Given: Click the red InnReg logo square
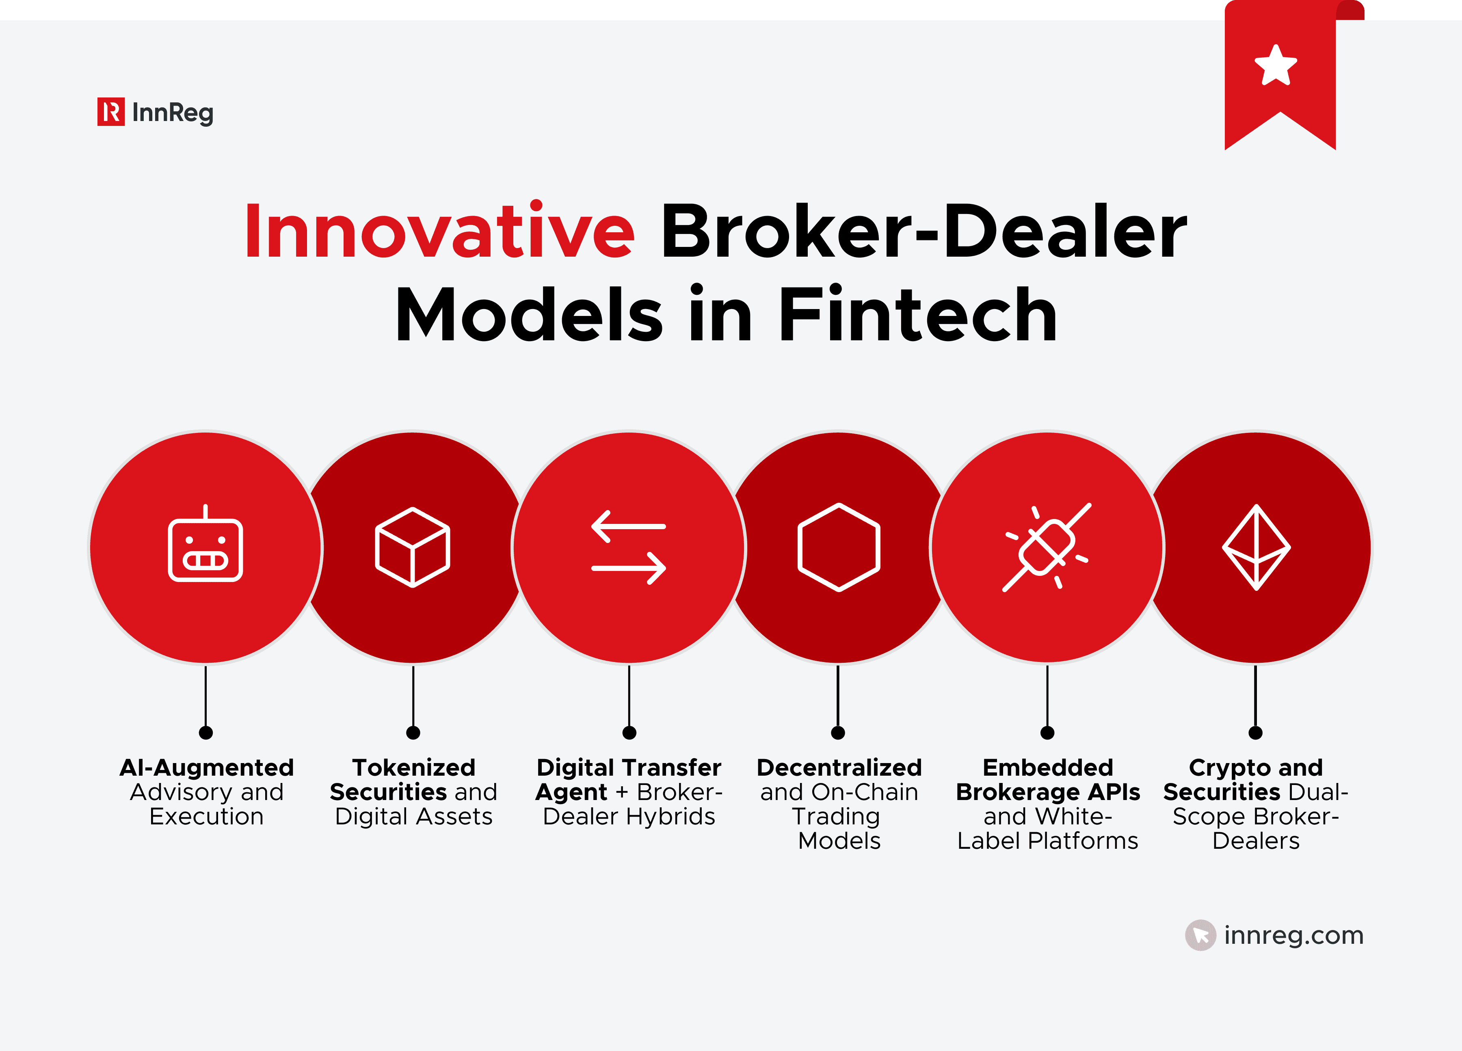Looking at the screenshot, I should [111, 112].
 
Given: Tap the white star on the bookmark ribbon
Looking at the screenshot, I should [1275, 65].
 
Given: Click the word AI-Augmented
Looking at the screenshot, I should [206, 767].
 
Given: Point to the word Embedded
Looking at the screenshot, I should [1047, 767].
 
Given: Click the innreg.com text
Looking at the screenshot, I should [1294, 935].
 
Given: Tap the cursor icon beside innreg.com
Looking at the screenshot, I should [1200, 935].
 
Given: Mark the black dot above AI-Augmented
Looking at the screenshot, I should [205, 733].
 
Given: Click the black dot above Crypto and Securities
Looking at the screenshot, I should [1255, 733].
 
